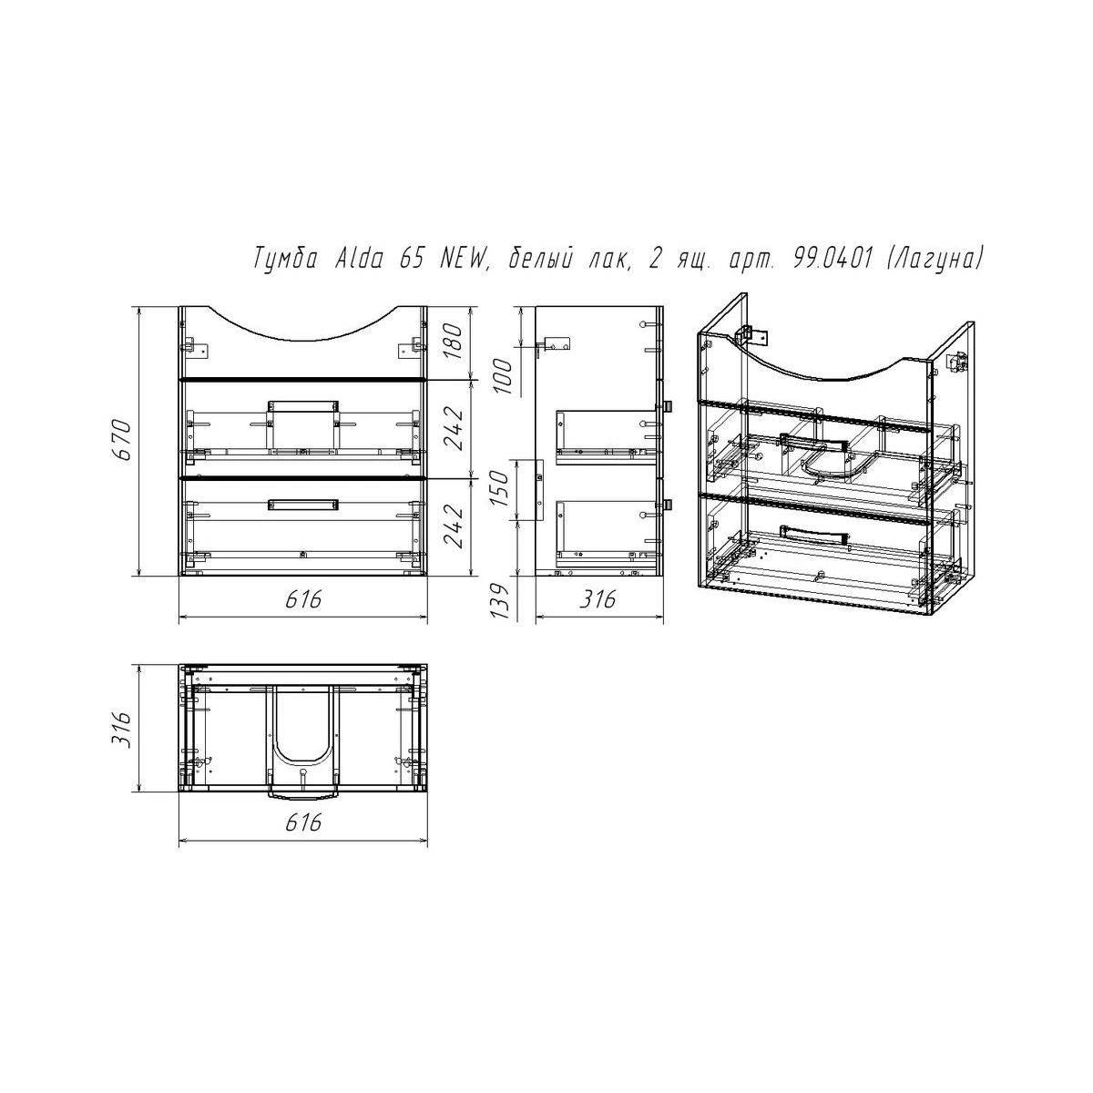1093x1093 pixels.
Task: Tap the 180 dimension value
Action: [x=455, y=343]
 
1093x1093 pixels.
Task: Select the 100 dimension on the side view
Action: [x=503, y=375]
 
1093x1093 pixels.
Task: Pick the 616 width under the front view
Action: [x=303, y=599]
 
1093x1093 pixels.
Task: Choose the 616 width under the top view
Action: [x=303, y=822]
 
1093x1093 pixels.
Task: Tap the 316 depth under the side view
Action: [x=598, y=599]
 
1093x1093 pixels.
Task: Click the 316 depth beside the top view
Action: [x=124, y=729]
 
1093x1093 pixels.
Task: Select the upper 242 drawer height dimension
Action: [x=455, y=429]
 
